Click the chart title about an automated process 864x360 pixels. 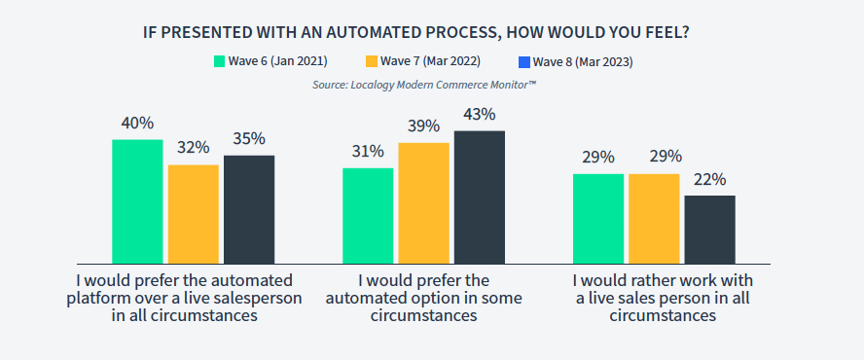tap(416, 32)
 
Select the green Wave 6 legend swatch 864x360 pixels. tap(220, 61)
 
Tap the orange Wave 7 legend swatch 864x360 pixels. tap(372, 61)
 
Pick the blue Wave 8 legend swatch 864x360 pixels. tap(524, 61)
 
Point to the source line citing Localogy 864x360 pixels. tap(424, 85)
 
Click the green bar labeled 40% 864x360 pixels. tap(137, 201)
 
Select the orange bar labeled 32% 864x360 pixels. tap(194, 214)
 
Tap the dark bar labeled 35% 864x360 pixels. tap(249, 209)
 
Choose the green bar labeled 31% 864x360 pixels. tap(368, 216)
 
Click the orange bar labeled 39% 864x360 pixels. tap(424, 203)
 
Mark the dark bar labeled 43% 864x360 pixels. tap(480, 198)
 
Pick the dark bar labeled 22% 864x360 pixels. tap(709, 230)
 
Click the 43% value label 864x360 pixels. tap(480, 115)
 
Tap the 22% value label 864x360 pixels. tap(709, 180)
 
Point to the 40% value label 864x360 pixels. tap(137, 123)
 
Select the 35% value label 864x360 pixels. tap(249, 139)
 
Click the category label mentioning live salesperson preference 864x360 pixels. tap(185, 299)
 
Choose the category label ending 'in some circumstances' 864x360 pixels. tap(424, 299)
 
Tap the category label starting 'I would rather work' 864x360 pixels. tap(663, 299)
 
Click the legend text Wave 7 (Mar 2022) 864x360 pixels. tap(430, 61)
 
